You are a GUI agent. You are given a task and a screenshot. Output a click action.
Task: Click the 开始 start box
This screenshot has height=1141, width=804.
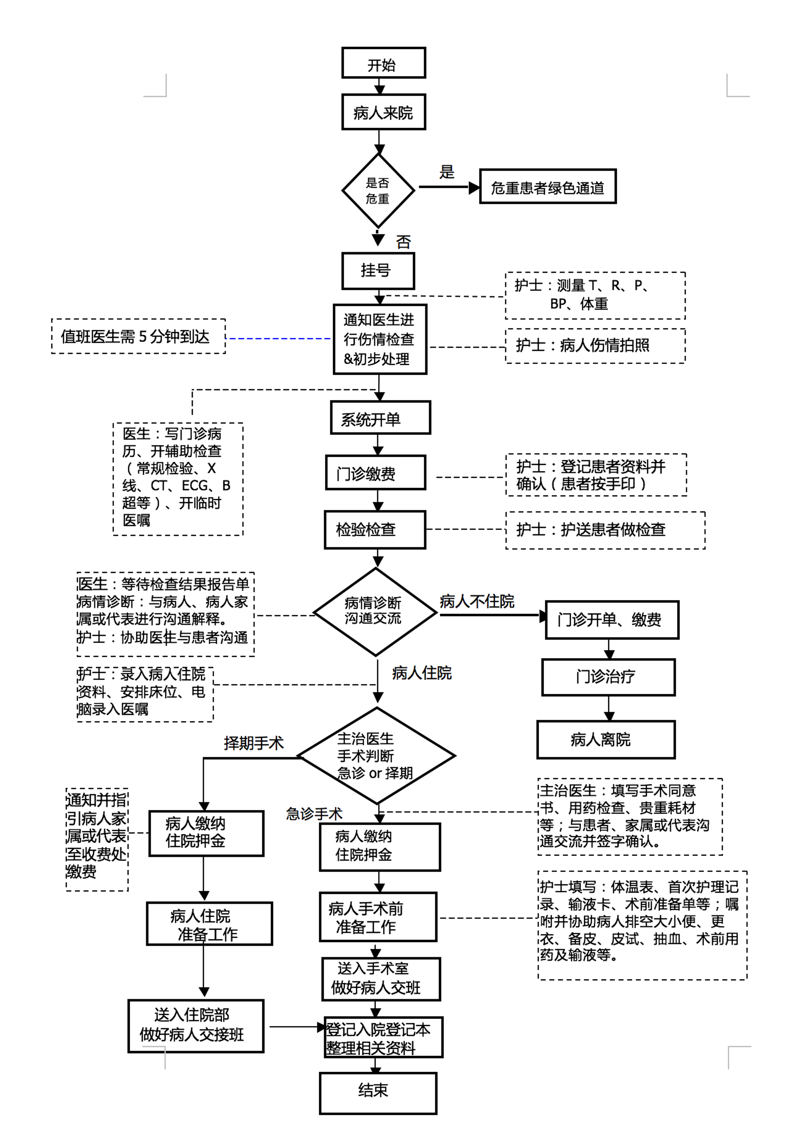[384, 63]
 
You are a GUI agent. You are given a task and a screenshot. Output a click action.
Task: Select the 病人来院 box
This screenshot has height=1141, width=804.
[384, 112]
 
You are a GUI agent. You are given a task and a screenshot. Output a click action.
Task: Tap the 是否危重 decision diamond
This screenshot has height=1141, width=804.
[378, 190]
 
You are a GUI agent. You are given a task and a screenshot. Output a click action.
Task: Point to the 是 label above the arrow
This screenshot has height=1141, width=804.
[447, 172]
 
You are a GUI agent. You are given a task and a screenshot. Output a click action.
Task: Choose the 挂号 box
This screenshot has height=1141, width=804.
[378, 271]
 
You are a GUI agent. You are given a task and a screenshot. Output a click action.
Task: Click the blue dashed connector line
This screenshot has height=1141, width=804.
[278, 338]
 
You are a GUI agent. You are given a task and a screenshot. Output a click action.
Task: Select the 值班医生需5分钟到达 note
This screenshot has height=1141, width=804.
[138, 336]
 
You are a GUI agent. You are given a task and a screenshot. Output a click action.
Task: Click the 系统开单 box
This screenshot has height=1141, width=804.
[380, 418]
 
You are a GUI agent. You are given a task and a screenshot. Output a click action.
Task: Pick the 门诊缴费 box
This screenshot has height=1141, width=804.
[375, 473]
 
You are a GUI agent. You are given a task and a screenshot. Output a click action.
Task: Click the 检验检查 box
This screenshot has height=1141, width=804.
[375, 529]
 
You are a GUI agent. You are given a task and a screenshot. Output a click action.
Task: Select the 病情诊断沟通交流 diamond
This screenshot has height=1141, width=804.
[375, 612]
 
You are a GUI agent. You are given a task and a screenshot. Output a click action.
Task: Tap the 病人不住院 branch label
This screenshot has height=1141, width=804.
[477, 601]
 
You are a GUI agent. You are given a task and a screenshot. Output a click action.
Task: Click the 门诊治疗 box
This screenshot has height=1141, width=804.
[608, 677]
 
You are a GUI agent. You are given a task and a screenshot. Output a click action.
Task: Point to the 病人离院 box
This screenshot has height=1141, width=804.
[606, 740]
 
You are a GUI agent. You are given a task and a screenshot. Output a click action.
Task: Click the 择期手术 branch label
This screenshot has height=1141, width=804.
[254, 743]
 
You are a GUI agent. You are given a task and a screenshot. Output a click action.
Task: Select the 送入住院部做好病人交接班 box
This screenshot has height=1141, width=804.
[196, 1026]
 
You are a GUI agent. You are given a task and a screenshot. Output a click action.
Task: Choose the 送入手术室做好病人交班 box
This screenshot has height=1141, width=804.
[381, 979]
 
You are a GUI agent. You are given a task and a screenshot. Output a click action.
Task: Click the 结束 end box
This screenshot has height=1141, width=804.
[378, 1093]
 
